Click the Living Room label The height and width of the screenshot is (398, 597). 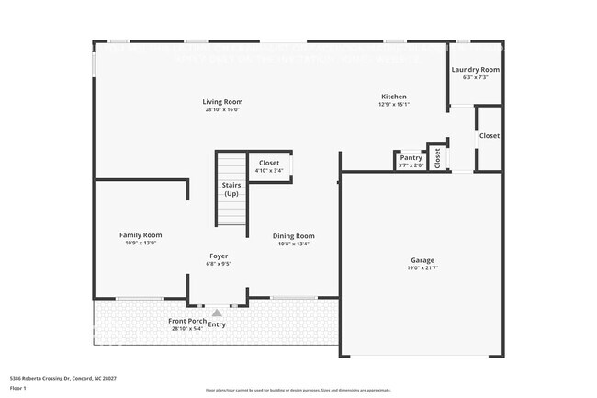tap(222, 101)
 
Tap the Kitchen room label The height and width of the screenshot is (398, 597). tap(394, 97)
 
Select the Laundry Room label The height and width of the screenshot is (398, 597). tap(476, 70)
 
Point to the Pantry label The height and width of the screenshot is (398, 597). tap(411, 158)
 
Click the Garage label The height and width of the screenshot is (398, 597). tap(422, 260)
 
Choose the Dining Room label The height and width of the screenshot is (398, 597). tap(294, 236)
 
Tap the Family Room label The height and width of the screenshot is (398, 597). tap(141, 235)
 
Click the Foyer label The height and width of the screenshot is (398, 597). tap(219, 256)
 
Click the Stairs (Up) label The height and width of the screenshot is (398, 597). tap(231, 189)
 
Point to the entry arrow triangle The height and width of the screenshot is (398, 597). tap(217, 313)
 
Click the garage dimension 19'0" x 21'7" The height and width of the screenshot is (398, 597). tap(422, 268)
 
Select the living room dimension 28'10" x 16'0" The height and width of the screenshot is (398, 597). tap(222, 110)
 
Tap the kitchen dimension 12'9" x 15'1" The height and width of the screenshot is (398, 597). tap(394, 105)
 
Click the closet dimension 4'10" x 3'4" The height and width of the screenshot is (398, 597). tap(269, 171)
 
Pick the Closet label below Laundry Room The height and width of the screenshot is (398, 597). tap(490, 135)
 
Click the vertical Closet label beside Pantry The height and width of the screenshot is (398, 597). tap(438, 157)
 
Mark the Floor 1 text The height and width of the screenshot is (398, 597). tap(19, 388)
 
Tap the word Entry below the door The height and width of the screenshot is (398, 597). tap(217, 324)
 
